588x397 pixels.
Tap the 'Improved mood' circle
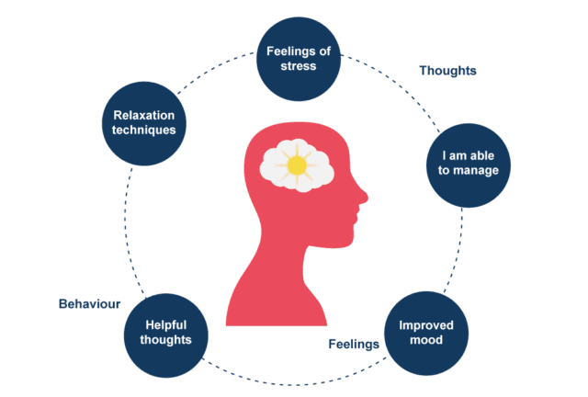[x=425, y=332]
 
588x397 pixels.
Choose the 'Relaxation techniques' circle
[x=143, y=122]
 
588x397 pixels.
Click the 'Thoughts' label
[x=447, y=71]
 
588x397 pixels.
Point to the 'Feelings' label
[x=354, y=345]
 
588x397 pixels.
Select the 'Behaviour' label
[x=90, y=303]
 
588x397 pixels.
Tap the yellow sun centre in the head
[x=296, y=165]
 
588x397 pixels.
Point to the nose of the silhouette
[x=362, y=195]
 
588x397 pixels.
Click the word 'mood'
[x=425, y=340]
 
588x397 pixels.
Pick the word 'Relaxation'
[x=143, y=115]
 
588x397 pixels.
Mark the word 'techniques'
[x=143, y=130]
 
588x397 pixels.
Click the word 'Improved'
[x=425, y=324]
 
